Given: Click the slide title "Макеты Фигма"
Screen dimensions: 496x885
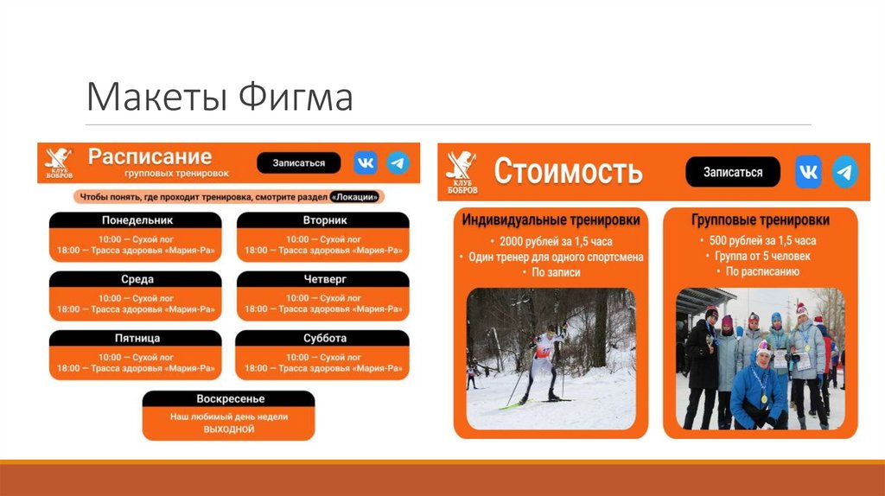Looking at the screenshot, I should coord(220,98).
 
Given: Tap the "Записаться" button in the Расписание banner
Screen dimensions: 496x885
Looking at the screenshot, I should coord(299,162).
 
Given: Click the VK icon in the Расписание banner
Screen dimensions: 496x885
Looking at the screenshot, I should coord(366,162).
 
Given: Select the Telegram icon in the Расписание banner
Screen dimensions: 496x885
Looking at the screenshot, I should coord(398,162).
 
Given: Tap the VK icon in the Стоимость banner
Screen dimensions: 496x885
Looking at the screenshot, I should coord(808,172).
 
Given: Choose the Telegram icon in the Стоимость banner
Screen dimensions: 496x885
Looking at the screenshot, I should coord(844,172).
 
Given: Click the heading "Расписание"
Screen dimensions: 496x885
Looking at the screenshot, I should coord(150,156).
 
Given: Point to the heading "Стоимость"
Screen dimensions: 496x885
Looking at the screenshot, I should coord(568,171).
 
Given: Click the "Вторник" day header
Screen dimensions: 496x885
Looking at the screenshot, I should coord(324,220).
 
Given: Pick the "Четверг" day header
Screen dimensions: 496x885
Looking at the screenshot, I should coord(324,279).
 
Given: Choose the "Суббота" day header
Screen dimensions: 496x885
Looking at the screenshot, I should coord(324,338).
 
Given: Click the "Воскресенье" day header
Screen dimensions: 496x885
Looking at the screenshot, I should coord(229,398).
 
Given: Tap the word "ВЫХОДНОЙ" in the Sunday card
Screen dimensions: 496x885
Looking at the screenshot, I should coord(229,429).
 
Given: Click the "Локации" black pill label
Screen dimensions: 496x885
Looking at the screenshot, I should coord(355,196).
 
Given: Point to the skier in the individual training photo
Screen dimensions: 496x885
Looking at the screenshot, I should coord(544,363).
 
